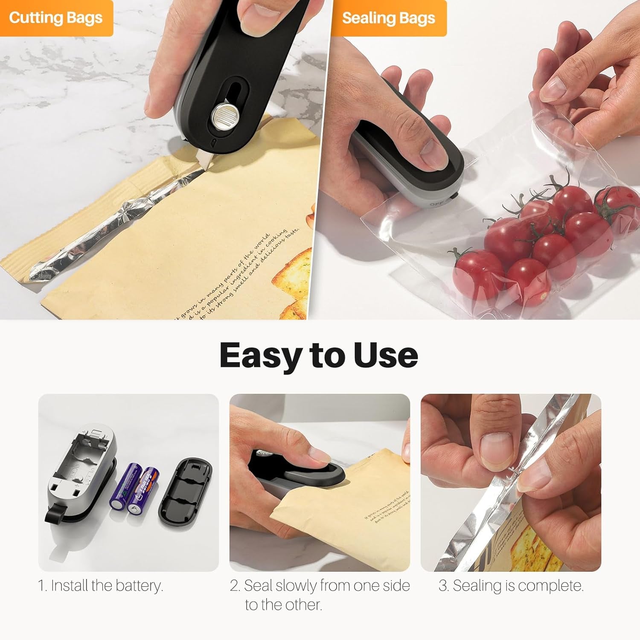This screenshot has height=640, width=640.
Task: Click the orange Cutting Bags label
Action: [x=55, y=18]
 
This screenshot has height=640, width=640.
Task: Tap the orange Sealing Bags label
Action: [x=388, y=18]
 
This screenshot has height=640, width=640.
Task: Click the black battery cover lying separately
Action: [x=185, y=492]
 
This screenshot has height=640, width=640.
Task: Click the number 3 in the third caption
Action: [x=443, y=585]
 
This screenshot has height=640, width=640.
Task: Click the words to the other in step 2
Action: [x=283, y=604]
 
